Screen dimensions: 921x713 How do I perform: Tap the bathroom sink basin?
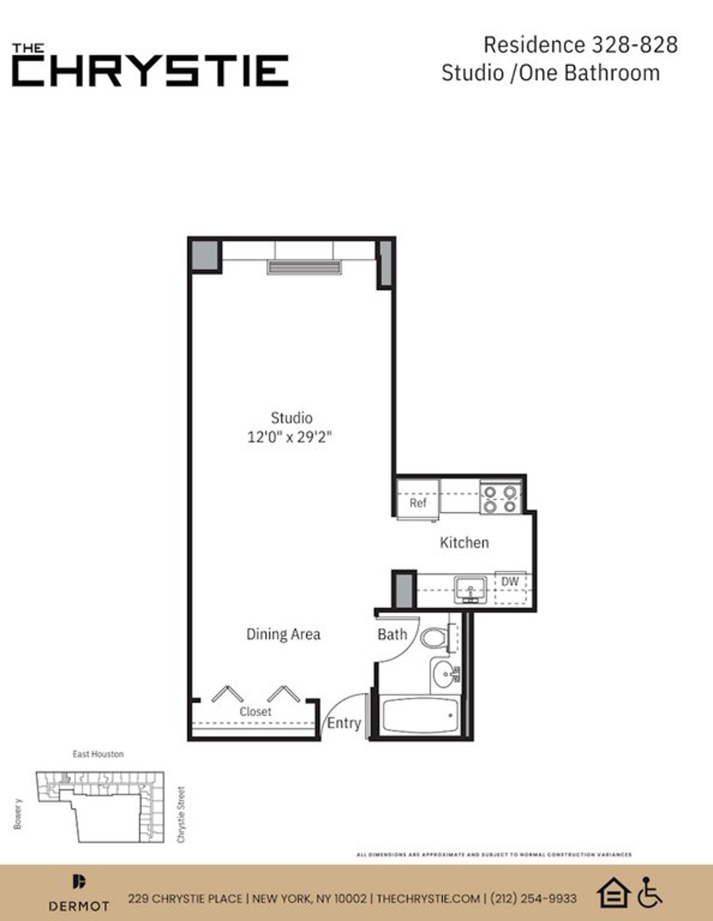443,675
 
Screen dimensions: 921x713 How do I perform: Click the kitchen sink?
471,590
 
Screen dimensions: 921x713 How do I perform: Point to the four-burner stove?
500,499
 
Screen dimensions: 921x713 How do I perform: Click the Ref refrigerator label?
418,503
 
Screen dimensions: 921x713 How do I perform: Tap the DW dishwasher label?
510,582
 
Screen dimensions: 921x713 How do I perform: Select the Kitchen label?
464,542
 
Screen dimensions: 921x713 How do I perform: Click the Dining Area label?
283,634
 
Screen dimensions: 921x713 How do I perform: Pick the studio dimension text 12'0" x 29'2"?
289,438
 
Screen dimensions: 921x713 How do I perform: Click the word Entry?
344,723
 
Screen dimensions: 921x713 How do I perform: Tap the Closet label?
255,711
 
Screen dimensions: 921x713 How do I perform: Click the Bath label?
392,635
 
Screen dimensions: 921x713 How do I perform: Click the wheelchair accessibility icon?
649,892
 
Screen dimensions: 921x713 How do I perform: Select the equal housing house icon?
613,892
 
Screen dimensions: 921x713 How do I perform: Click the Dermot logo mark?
79,882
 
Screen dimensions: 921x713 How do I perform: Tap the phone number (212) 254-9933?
533,898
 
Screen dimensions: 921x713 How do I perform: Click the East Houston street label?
98,754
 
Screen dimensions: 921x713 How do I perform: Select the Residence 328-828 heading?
581,45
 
